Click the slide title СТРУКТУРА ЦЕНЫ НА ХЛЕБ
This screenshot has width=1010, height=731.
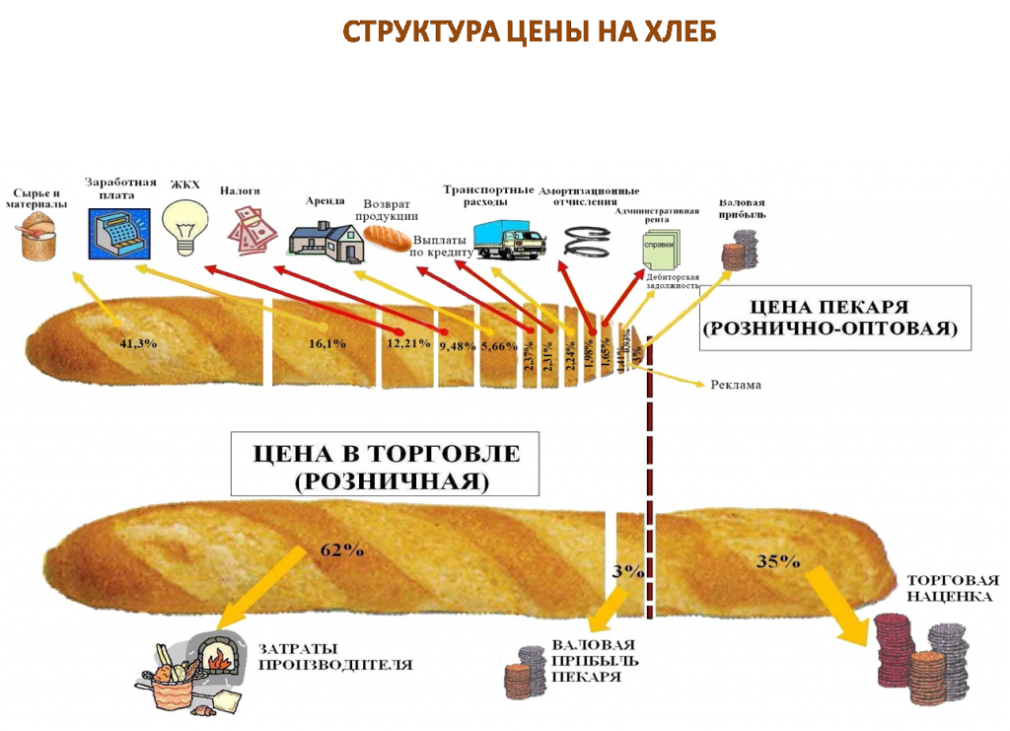tap(529, 32)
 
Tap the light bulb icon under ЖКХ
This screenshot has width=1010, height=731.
tap(185, 225)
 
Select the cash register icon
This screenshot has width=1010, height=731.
tap(116, 233)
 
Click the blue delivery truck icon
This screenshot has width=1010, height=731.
tap(508, 238)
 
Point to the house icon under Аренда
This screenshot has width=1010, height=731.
tap(325, 240)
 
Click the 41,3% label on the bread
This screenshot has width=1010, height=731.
tap(138, 343)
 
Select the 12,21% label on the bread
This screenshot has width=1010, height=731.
tap(408, 343)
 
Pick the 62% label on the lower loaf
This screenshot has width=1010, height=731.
tap(335, 549)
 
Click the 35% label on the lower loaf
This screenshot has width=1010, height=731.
tap(778, 560)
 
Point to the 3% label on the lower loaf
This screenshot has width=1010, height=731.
tap(627, 570)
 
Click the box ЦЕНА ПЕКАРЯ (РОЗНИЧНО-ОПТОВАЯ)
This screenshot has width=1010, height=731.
tap(834, 318)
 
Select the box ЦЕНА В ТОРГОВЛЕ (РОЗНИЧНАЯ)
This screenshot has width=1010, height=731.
tap(385, 468)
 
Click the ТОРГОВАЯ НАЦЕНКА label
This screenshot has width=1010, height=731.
tap(953, 588)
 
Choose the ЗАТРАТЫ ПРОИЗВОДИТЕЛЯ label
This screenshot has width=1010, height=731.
tap(335, 657)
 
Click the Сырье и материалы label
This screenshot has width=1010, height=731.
tap(40, 197)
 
